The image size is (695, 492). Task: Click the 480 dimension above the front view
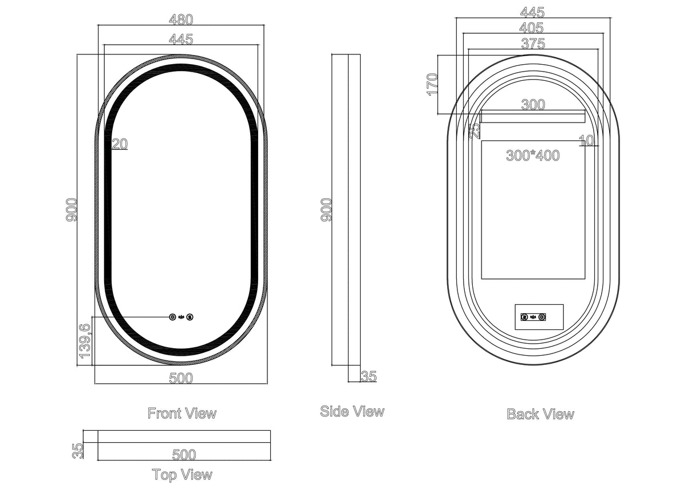[181, 19]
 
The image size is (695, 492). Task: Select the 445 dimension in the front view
[181, 39]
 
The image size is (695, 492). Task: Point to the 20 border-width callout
[120, 144]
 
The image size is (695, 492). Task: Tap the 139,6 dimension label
[85, 341]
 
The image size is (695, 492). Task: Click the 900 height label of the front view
[72, 210]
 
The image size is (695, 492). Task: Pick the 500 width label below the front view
[181, 378]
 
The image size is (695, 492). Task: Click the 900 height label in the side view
[326, 210]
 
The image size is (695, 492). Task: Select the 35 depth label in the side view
[369, 376]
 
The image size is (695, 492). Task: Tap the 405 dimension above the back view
[531, 27]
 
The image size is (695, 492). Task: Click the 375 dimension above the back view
[533, 44]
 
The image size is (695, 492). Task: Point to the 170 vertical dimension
[433, 85]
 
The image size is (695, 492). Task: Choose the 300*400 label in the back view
[533, 155]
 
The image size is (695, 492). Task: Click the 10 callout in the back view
[586, 141]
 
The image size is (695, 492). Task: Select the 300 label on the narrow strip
[533, 105]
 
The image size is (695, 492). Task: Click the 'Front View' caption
[182, 413]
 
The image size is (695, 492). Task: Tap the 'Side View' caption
[352, 411]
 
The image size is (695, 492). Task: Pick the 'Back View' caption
[540, 414]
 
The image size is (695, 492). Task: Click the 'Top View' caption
[182, 475]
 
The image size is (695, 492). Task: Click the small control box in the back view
[539, 317]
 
